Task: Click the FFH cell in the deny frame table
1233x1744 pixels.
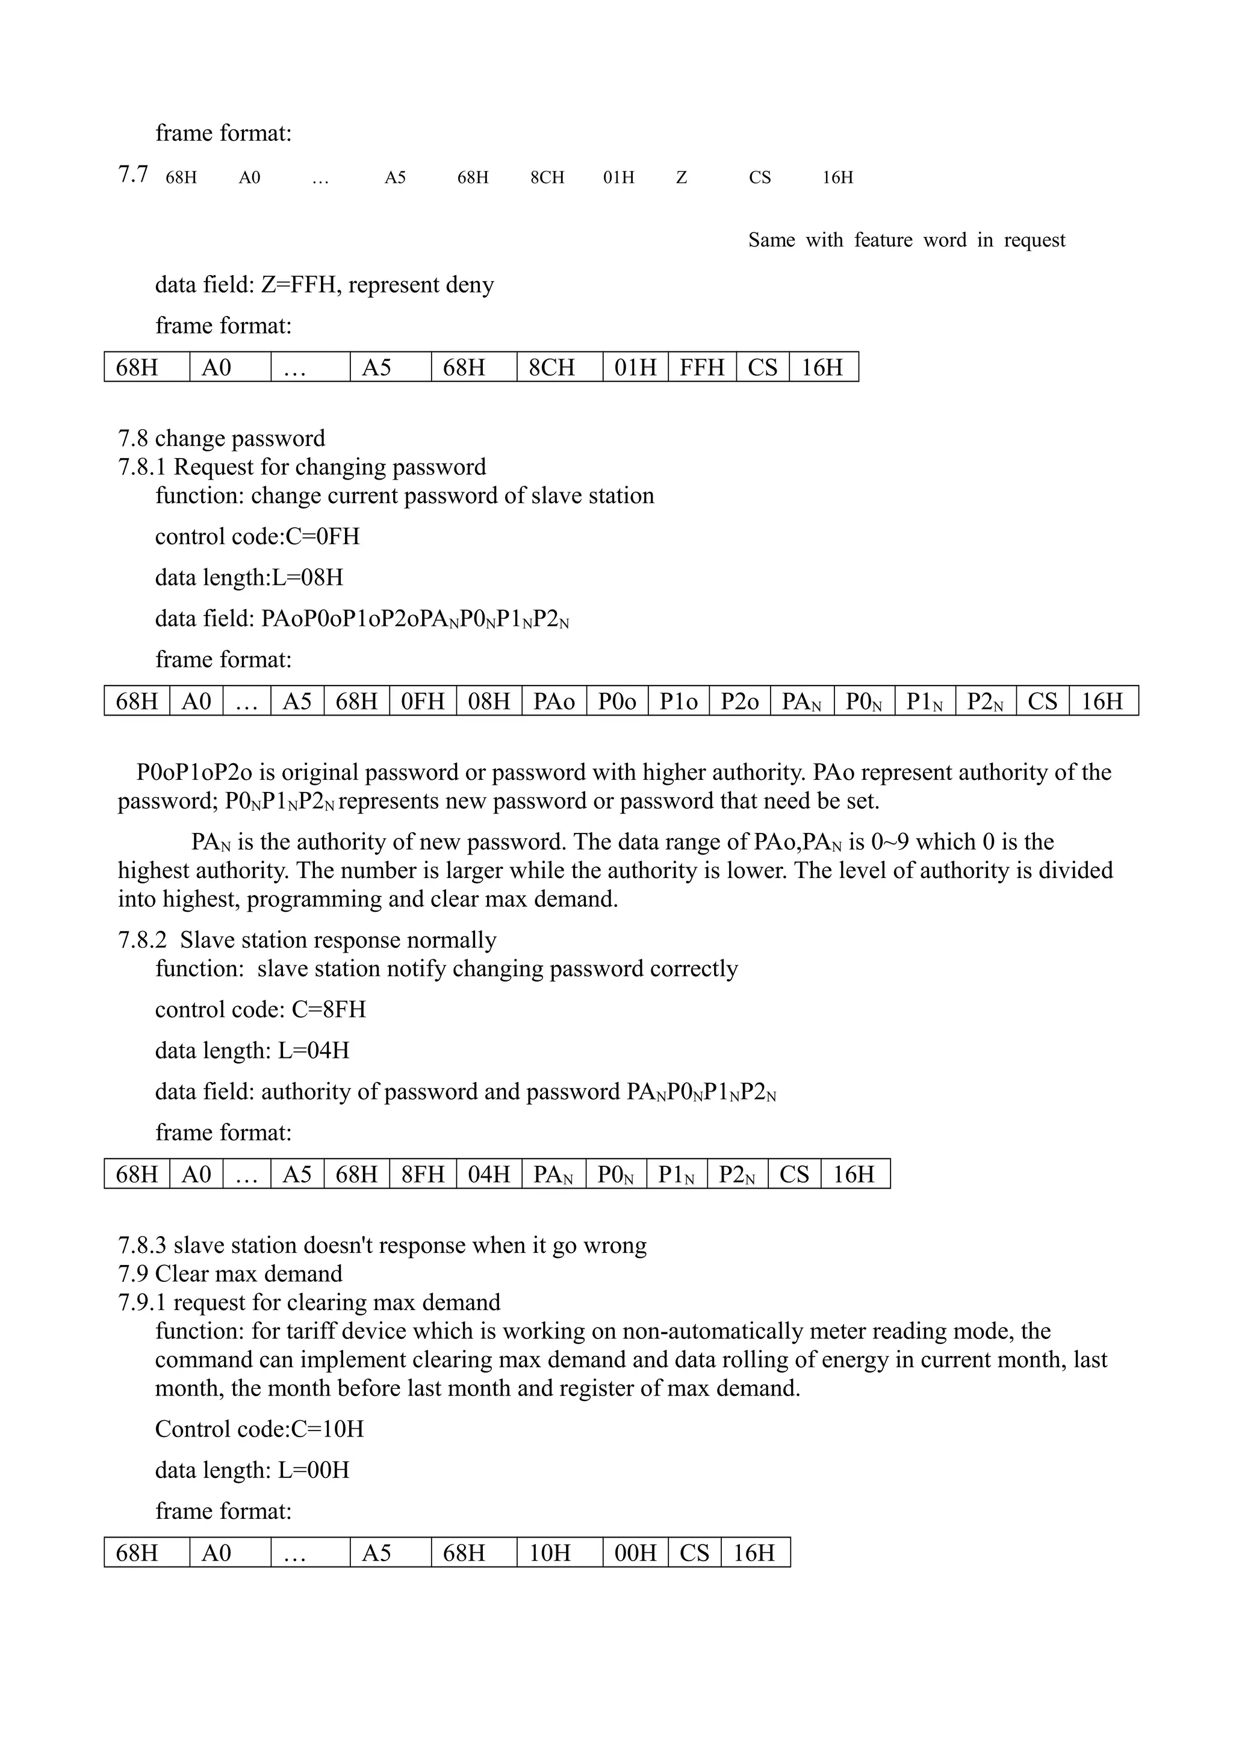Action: click(702, 368)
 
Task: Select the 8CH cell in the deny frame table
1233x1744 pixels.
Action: click(559, 368)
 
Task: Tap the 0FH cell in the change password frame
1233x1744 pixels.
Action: click(423, 701)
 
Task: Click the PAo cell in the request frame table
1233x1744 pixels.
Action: click(554, 701)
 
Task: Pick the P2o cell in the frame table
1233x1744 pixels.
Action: click(739, 701)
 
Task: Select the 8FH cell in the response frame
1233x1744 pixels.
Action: click(423, 1174)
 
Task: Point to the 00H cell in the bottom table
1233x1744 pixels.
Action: click(635, 1553)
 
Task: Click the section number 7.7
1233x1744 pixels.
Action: click(133, 175)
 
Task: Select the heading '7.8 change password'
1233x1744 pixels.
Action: click(221, 438)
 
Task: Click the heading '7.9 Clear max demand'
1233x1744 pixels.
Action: click(230, 1274)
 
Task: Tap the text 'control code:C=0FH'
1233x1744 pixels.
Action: click(257, 537)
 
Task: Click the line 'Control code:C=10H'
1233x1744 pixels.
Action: click(259, 1429)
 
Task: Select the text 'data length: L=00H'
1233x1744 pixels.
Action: click(252, 1470)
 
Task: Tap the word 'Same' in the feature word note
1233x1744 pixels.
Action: click(771, 241)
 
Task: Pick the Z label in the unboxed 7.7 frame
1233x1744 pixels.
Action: click(682, 178)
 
